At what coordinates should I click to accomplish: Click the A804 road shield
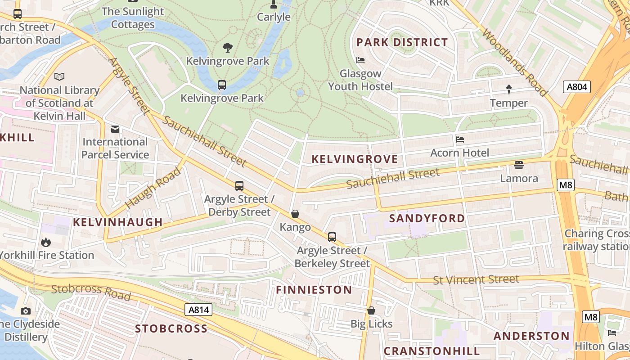tap(576, 87)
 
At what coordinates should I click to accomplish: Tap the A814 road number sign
tap(198, 310)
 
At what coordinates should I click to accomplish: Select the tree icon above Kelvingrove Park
tap(228, 47)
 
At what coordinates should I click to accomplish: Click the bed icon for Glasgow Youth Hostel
tap(360, 60)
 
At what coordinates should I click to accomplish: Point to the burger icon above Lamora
tap(519, 165)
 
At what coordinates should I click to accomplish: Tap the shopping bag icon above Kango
tap(295, 214)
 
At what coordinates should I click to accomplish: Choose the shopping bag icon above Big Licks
tap(371, 310)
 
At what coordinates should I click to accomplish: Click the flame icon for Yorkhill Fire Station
tap(45, 242)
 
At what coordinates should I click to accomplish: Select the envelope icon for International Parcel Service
tap(115, 129)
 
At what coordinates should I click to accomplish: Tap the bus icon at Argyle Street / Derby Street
tap(239, 185)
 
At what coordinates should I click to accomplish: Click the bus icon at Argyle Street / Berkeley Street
tap(332, 237)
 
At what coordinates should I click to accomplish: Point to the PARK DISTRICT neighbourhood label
tap(402, 43)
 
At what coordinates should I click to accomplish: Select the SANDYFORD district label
tap(427, 219)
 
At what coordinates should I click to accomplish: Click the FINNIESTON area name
tap(314, 290)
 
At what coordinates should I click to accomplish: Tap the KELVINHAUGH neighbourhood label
tap(117, 222)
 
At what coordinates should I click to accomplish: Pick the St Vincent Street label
tap(476, 279)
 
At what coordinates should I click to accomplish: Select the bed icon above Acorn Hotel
tap(459, 139)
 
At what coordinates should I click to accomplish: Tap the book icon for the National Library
tap(59, 77)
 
